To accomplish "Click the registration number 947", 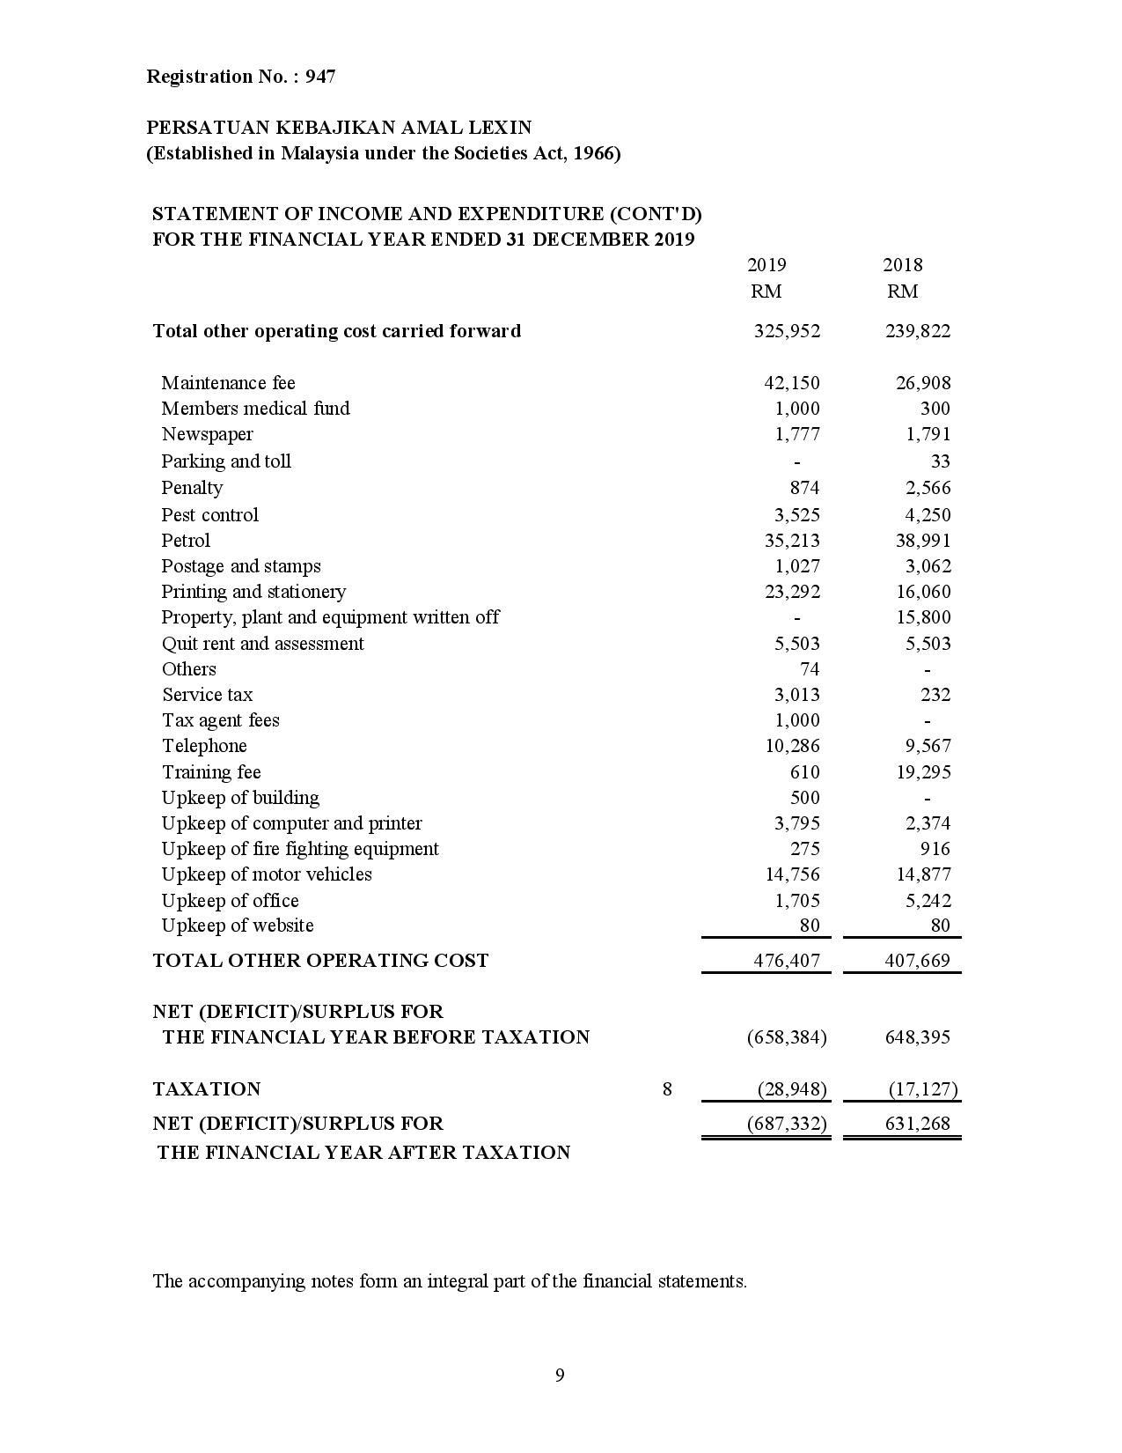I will (x=320, y=77).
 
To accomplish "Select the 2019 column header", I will (x=766, y=265).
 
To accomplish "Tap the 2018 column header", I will (x=902, y=265).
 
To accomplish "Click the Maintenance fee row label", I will (x=228, y=383).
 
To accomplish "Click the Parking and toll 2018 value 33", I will (x=940, y=461).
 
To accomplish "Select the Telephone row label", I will (x=204, y=746).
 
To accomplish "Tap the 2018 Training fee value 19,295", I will (x=923, y=772).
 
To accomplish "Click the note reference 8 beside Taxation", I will (x=667, y=1089).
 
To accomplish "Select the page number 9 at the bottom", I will (x=560, y=1376).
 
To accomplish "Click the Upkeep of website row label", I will (x=238, y=926).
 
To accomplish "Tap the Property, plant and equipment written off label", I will (x=330, y=617).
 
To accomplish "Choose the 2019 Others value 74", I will (x=810, y=669).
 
